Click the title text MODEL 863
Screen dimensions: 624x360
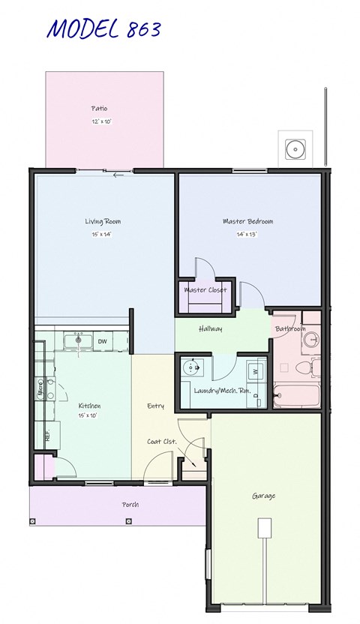pyautogui.click(x=104, y=29)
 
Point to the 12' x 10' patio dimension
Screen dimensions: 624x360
pyautogui.click(x=102, y=121)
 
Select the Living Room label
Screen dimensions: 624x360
pyautogui.click(x=103, y=221)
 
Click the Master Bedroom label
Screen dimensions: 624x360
pyautogui.click(x=247, y=221)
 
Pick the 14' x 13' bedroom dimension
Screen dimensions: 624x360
pyautogui.click(x=248, y=234)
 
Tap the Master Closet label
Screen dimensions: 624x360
pyautogui.click(x=205, y=290)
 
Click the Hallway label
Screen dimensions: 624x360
pyautogui.click(x=210, y=328)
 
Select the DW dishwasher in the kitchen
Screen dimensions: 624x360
pyautogui.click(x=103, y=342)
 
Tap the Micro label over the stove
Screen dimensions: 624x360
pyautogui.click(x=40, y=389)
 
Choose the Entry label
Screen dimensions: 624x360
pyautogui.click(x=155, y=406)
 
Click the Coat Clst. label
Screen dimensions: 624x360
pyautogui.click(x=162, y=442)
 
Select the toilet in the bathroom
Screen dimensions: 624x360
pyautogui.click(x=304, y=367)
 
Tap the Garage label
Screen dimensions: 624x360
pyautogui.click(x=263, y=496)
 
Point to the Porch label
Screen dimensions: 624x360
pyautogui.click(x=130, y=505)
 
